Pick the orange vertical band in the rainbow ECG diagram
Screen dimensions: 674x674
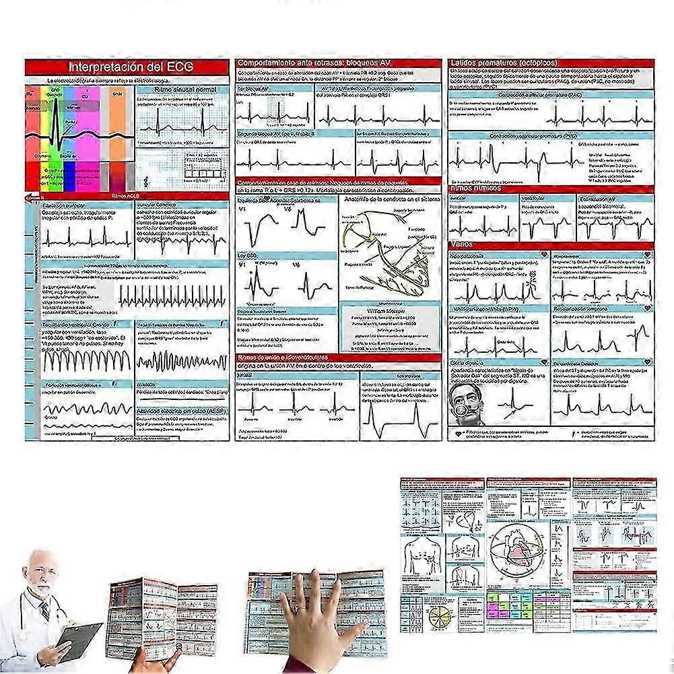(118, 128)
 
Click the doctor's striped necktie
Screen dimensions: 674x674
(45, 610)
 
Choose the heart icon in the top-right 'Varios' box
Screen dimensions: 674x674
(647, 255)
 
